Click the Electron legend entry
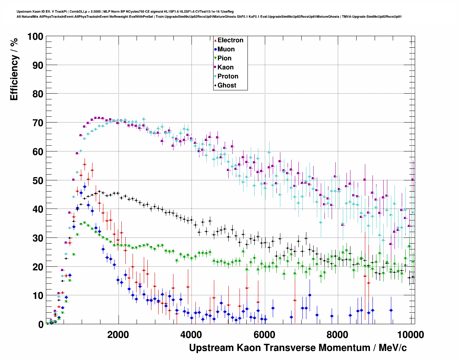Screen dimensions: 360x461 click(x=230, y=40)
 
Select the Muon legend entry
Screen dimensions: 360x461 click(x=226, y=49)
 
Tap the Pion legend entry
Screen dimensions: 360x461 click(x=224, y=58)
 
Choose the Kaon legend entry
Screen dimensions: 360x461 click(x=225, y=67)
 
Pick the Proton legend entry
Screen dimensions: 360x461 click(x=228, y=76)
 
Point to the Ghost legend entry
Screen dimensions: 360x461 click(x=227, y=85)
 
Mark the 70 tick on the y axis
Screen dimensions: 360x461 click(x=38, y=123)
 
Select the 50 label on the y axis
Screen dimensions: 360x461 click(x=38, y=180)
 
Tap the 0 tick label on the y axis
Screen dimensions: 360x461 click(x=41, y=325)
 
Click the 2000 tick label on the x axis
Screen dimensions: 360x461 click(x=118, y=334)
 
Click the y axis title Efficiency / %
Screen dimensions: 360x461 click(x=14, y=69)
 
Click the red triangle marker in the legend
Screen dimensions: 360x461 click(x=215, y=40)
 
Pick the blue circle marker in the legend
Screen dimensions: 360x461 click(x=215, y=49)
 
